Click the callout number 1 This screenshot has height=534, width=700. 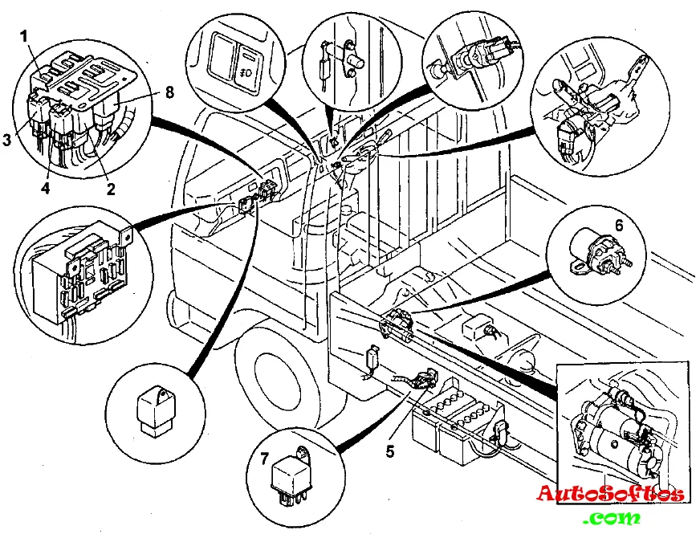click(25, 35)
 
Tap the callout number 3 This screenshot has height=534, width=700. click(6, 138)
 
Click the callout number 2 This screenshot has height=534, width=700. click(111, 190)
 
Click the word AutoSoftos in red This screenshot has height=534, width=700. click(611, 492)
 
